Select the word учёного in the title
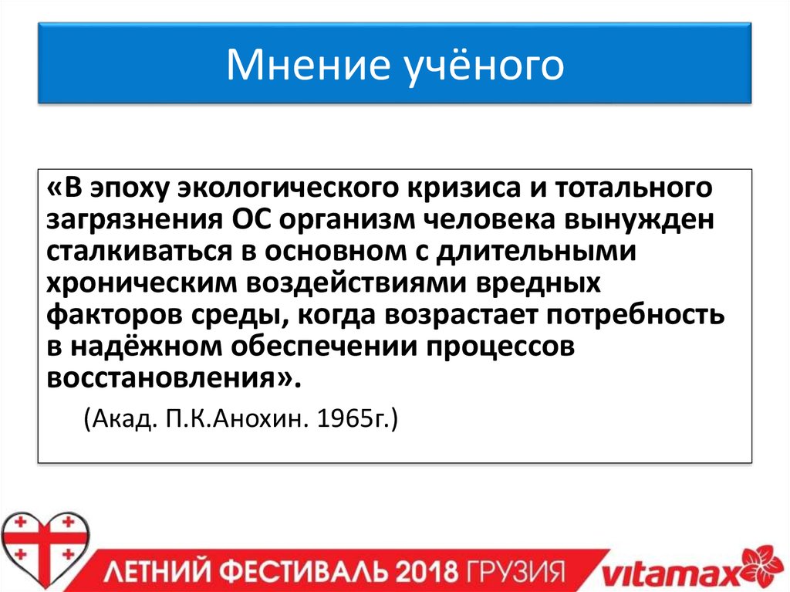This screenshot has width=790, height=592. tap(486, 66)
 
